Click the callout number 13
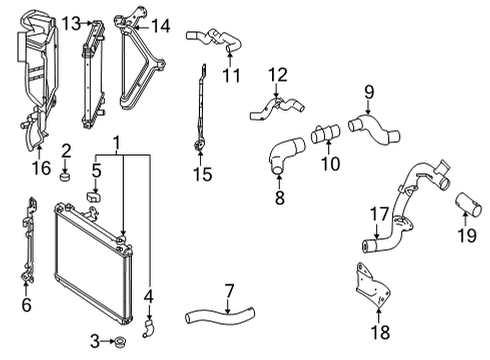(70, 22)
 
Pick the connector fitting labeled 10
(325, 133)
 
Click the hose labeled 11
(221, 40)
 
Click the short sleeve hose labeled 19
(466, 207)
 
